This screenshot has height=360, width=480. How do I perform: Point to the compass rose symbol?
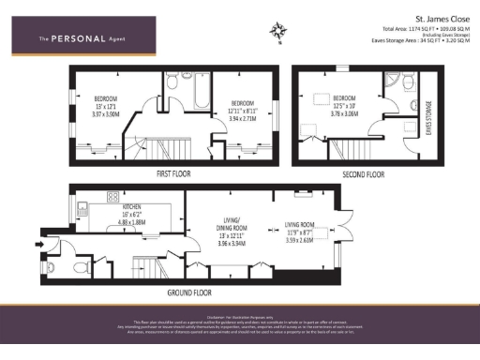278,34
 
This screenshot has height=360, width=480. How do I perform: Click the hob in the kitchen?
113,198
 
